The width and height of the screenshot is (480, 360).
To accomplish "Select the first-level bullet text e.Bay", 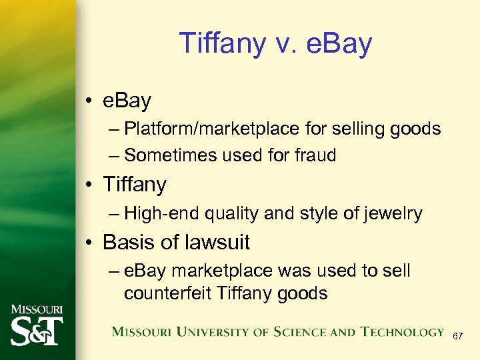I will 127,101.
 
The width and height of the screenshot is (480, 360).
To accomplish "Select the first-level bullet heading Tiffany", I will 135,185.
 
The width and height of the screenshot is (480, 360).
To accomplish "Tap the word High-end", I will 162,213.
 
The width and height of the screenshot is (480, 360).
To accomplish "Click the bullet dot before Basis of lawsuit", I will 89,243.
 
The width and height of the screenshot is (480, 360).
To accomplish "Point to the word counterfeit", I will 167,293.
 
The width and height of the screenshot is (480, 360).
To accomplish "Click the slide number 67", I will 457,337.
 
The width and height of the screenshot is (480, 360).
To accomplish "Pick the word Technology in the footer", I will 402,332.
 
